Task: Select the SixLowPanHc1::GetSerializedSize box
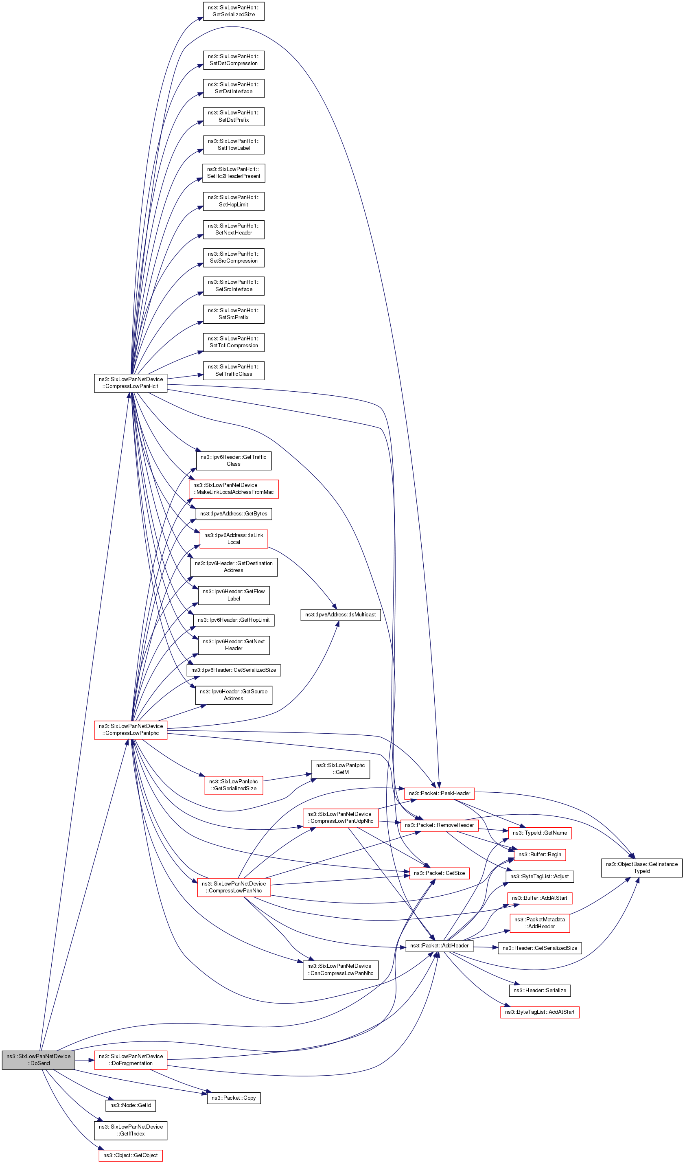(234, 11)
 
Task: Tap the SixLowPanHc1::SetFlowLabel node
(234, 145)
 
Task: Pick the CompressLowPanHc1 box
(131, 383)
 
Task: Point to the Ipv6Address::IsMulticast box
(340, 615)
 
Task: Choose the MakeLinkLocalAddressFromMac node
(234, 489)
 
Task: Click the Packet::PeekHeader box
(439, 794)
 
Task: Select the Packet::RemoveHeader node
(439, 825)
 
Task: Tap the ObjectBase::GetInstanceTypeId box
(641, 868)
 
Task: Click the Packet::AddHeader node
(439, 946)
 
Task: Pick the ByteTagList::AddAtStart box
(540, 1013)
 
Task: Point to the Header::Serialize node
(540, 990)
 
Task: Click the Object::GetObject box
(131, 1155)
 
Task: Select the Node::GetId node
(131, 1105)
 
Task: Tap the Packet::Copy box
(234, 1098)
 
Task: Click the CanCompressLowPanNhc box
(340, 969)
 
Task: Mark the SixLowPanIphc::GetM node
(340, 769)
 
